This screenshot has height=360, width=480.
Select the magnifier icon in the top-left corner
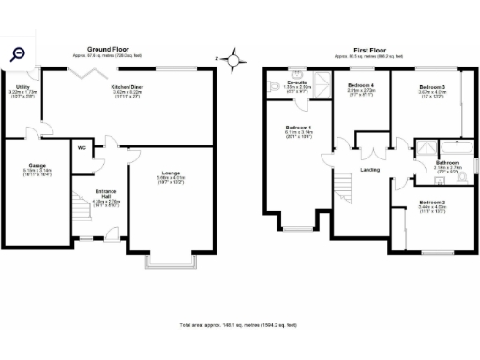[18, 55]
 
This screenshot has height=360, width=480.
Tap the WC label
[82, 147]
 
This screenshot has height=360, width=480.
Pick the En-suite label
[297, 82]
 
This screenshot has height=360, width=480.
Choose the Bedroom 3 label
[431, 86]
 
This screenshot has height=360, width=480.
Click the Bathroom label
[446, 163]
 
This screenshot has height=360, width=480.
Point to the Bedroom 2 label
[431, 202]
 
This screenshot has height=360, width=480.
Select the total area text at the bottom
[238, 324]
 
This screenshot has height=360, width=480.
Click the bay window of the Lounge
[170, 262]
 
